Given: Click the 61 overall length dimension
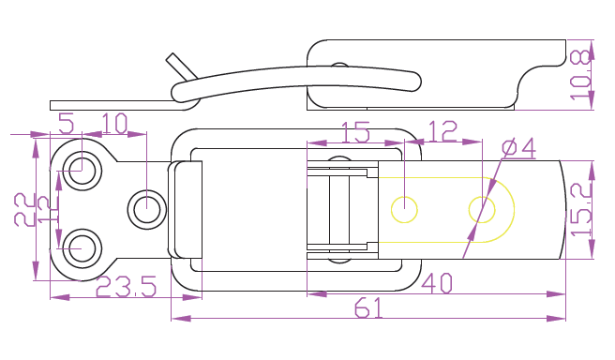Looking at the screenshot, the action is tap(368, 307).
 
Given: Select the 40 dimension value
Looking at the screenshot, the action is tap(437, 283).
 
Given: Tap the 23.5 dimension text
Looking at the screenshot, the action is tap(126, 286).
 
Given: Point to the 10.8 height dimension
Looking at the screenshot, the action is tap(580, 75).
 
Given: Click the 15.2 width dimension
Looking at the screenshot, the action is tap(581, 209).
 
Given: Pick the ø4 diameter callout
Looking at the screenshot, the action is tap(519, 148).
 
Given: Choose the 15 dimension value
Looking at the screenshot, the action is tap(355, 132).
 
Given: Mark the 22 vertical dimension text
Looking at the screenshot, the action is tap(24, 209).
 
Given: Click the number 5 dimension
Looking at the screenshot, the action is tap(67, 123).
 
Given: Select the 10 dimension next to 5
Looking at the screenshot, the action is tap(114, 123).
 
